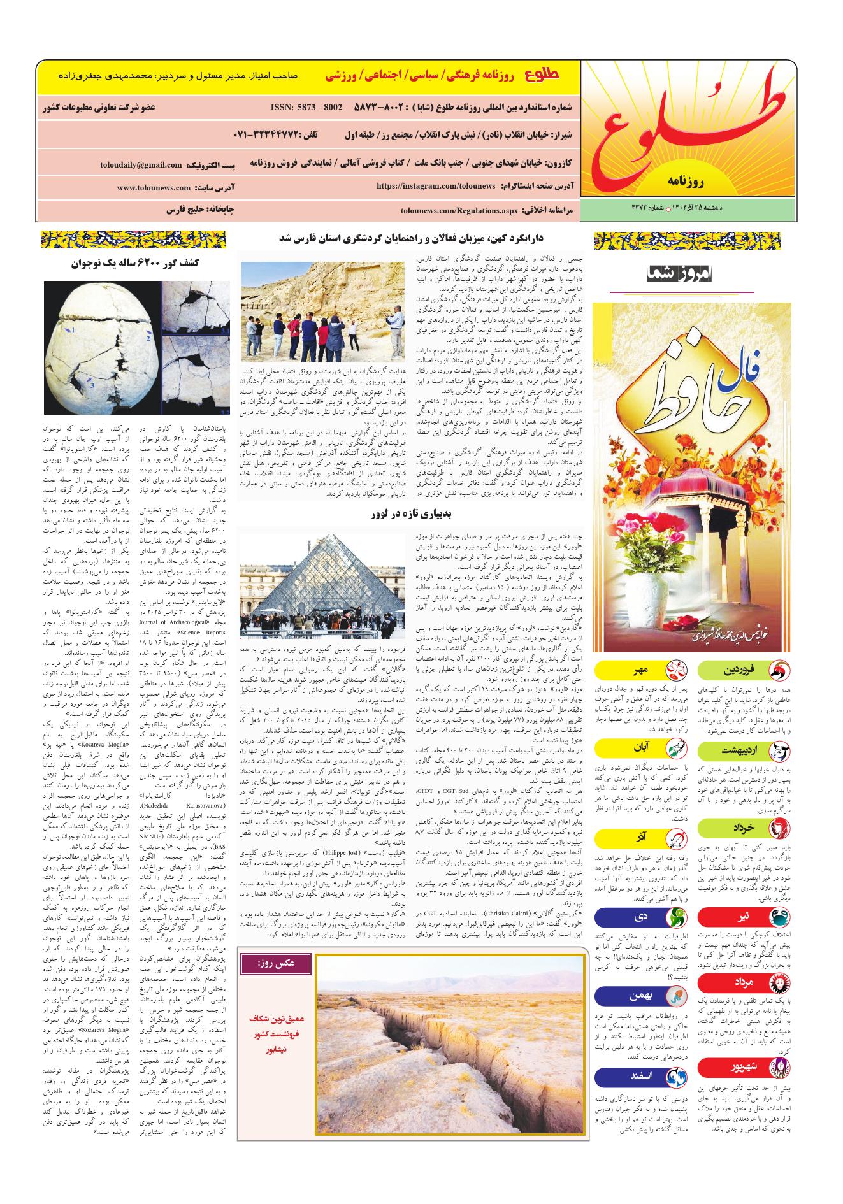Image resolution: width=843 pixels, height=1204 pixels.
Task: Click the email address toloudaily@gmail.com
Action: pos(141,165)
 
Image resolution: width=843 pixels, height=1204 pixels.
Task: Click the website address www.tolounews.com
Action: pos(154,188)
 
